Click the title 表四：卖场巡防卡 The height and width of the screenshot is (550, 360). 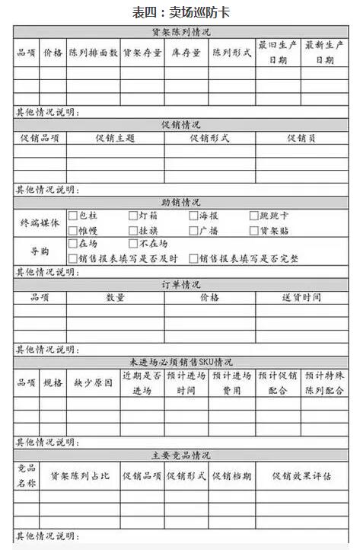pos(180,12)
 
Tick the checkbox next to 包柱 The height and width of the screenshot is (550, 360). pos(73,216)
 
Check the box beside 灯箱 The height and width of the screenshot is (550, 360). pos(133,216)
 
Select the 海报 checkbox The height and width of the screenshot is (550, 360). pos(194,216)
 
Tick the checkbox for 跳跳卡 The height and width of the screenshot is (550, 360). pos(254,216)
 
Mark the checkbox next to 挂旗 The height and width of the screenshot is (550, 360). pos(133,230)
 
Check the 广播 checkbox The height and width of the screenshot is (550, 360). pos(194,230)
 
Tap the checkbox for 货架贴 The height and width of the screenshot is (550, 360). pos(254,230)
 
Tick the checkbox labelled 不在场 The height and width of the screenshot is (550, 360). pos(133,244)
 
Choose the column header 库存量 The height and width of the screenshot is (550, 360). pos(186,53)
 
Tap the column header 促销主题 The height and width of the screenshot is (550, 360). pos(115,138)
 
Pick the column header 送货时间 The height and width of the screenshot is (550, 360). pos(301,297)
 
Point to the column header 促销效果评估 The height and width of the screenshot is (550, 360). pos(301,476)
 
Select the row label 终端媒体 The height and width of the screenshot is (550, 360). pos(40,222)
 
